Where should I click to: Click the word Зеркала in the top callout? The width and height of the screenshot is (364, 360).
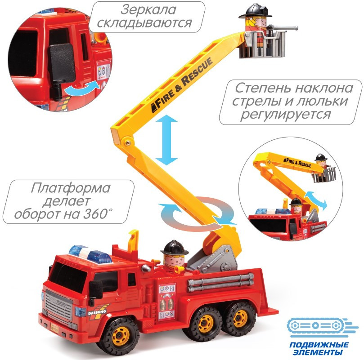pos(149,10)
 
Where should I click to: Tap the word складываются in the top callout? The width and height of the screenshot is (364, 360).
pos(144,23)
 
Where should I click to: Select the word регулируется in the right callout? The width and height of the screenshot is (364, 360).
pos(286,114)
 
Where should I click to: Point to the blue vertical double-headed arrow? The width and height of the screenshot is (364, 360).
pos(166,140)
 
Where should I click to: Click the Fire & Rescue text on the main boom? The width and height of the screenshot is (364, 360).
pos(182,84)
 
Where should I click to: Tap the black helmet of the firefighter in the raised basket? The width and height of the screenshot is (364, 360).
pos(255,11)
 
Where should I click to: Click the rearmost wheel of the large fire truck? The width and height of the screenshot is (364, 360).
pos(240,319)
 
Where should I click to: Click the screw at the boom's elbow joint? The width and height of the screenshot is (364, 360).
pos(128,142)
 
